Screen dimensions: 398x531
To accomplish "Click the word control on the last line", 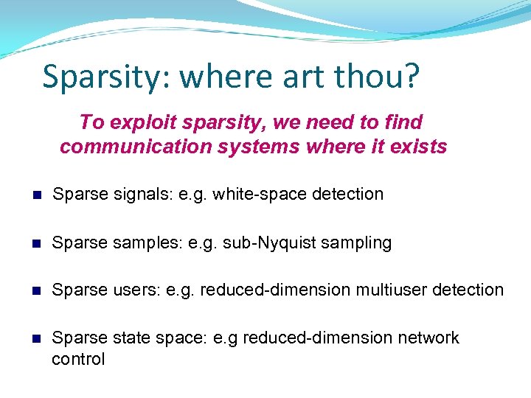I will [78, 359].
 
